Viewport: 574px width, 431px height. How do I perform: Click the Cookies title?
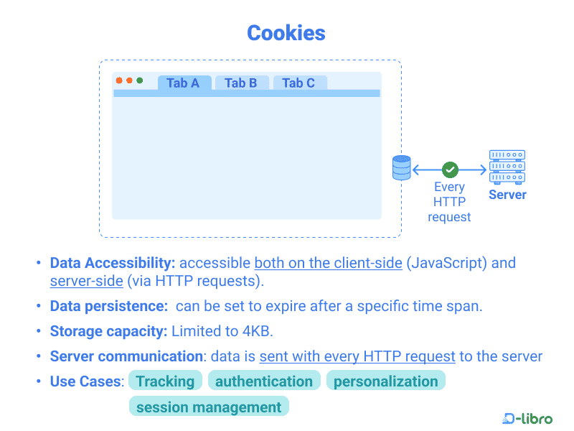tap(286, 33)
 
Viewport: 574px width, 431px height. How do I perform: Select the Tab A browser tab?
tap(184, 83)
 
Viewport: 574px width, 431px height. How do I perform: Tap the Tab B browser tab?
tap(242, 83)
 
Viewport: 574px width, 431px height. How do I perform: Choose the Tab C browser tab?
tap(299, 83)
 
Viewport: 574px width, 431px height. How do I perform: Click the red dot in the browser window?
tap(119, 80)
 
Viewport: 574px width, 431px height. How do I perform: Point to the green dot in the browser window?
tap(139, 80)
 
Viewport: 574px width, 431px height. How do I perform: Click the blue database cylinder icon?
tap(402, 168)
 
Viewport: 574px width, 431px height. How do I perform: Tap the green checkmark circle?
tap(450, 170)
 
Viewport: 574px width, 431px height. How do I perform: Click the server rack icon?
tap(507, 167)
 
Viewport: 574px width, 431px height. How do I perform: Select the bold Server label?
tap(507, 195)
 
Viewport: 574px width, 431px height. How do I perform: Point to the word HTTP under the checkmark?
tap(449, 202)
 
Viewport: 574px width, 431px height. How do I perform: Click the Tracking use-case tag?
tap(165, 381)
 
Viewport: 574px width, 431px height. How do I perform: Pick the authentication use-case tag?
tap(264, 381)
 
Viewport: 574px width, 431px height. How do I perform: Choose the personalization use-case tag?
tap(385, 381)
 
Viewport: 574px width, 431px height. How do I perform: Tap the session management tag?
tap(209, 407)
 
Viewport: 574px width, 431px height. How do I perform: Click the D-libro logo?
tap(527, 418)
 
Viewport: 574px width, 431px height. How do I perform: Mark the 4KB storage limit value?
tap(256, 331)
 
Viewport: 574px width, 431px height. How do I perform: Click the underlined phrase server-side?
tap(86, 281)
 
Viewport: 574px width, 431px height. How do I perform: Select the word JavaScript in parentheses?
tap(446, 263)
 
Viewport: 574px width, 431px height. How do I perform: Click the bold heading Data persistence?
tap(109, 306)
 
